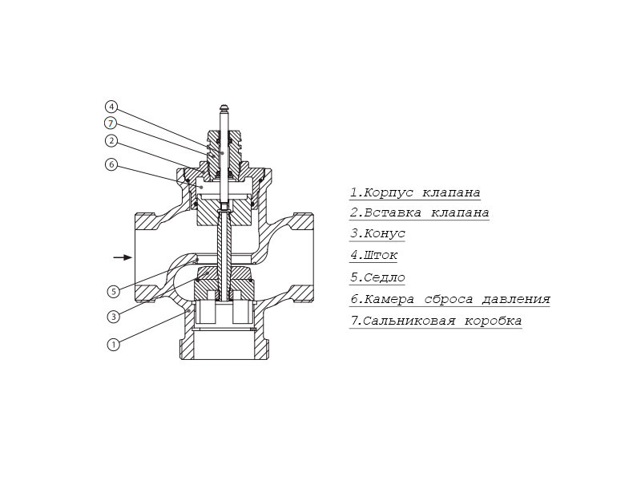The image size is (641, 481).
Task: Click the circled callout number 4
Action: coord(111,107)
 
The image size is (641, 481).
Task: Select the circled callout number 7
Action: coord(111,123)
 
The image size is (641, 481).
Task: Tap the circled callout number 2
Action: coord(111,141)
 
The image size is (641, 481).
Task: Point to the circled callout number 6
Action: coord(111,165)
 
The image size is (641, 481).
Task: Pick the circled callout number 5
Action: coord(113,292)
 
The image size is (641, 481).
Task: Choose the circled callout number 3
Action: coord(113,317)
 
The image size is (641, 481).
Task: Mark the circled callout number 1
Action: coord(113,345)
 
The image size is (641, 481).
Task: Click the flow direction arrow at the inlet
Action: coord(123,257)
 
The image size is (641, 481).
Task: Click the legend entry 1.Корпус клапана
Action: coord(415,192)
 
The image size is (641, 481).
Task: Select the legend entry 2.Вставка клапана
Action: coord(419,212)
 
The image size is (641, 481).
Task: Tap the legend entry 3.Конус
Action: coord(377,233)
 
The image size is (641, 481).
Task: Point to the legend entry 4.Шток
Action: coord(373,255)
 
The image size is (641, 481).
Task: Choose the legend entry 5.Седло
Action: coord(377,277)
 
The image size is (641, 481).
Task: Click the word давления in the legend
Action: coord(516,299)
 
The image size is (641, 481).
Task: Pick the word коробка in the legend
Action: coord(493,321)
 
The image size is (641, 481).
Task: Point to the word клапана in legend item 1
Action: coord(451,192)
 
